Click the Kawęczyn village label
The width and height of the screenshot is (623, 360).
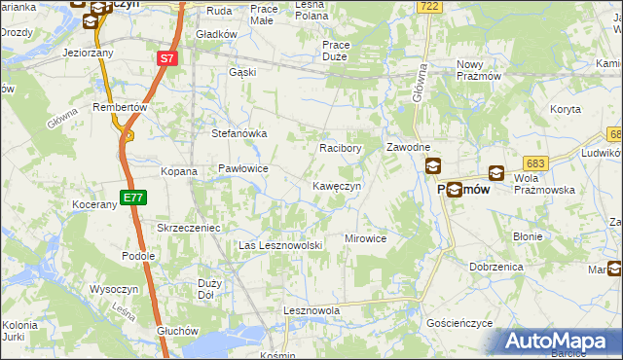coord(337,186)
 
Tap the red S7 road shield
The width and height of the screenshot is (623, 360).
coord(167,59)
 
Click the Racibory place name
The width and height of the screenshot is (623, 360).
coord(341,149)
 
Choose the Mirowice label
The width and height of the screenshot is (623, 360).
coord(366,238)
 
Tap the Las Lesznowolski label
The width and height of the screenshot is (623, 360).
coord(280,245)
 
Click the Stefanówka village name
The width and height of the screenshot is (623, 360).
coord(239,134)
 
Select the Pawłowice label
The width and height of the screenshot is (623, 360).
coord(243,168)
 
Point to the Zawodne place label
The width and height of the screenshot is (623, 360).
coord(408,147)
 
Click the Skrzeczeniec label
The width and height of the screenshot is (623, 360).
coord(190,227)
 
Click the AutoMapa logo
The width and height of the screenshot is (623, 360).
coord(559,342)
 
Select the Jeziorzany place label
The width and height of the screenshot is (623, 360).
coord(88,53)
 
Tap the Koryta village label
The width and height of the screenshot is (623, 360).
coord(565,110)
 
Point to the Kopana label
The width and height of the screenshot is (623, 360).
coord(179,171)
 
